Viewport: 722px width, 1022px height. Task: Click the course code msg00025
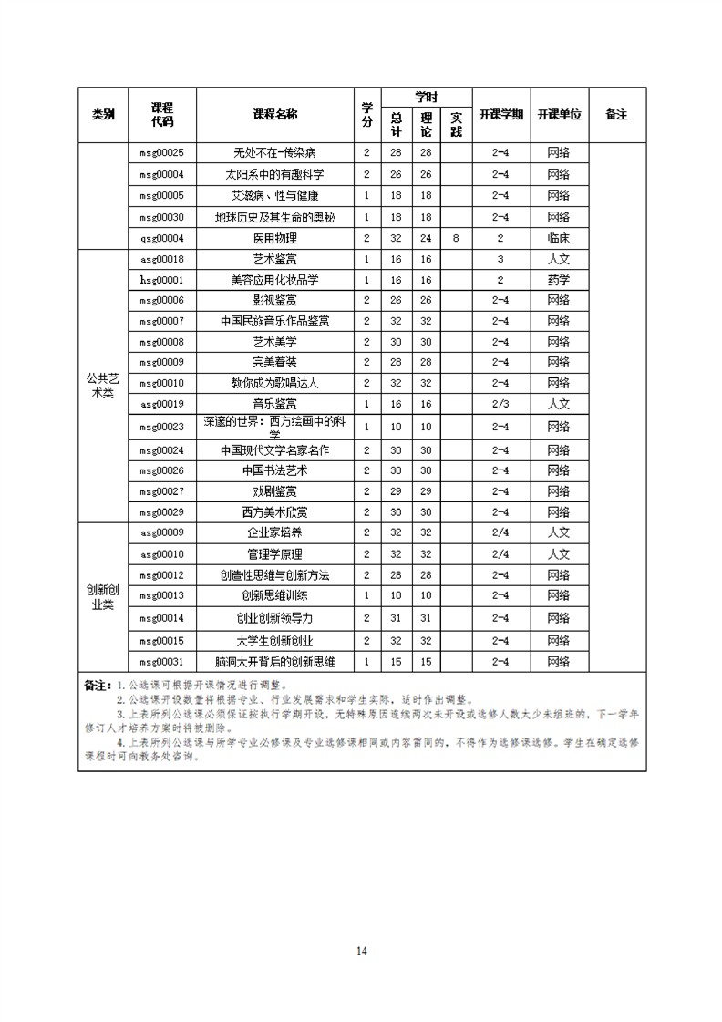(x=161, y=152)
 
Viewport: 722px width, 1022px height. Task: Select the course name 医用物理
(x=274, y=238)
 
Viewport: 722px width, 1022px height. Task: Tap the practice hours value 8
(x=456, y=238)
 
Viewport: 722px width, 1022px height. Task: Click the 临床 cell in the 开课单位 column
(x=559, y=238)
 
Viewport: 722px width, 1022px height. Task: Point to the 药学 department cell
(x=559, y=280)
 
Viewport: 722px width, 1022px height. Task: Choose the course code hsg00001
(x=161, y=280)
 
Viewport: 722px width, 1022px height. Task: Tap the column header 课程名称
(x=274, y=115)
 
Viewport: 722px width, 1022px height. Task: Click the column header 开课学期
(x=500, y=115)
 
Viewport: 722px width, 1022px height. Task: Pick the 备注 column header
(x=616, y=115)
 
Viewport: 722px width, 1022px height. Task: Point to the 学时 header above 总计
(x=426, y=97)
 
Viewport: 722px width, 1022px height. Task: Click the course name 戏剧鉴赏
(x=274, y=490)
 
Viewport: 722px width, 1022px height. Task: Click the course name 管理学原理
(x=274, y=554)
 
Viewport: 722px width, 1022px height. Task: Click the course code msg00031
(x=161, y=662)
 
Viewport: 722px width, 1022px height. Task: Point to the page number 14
(x=361, y=951)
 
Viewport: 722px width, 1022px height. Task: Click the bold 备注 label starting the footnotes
(x=97, y=684)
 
